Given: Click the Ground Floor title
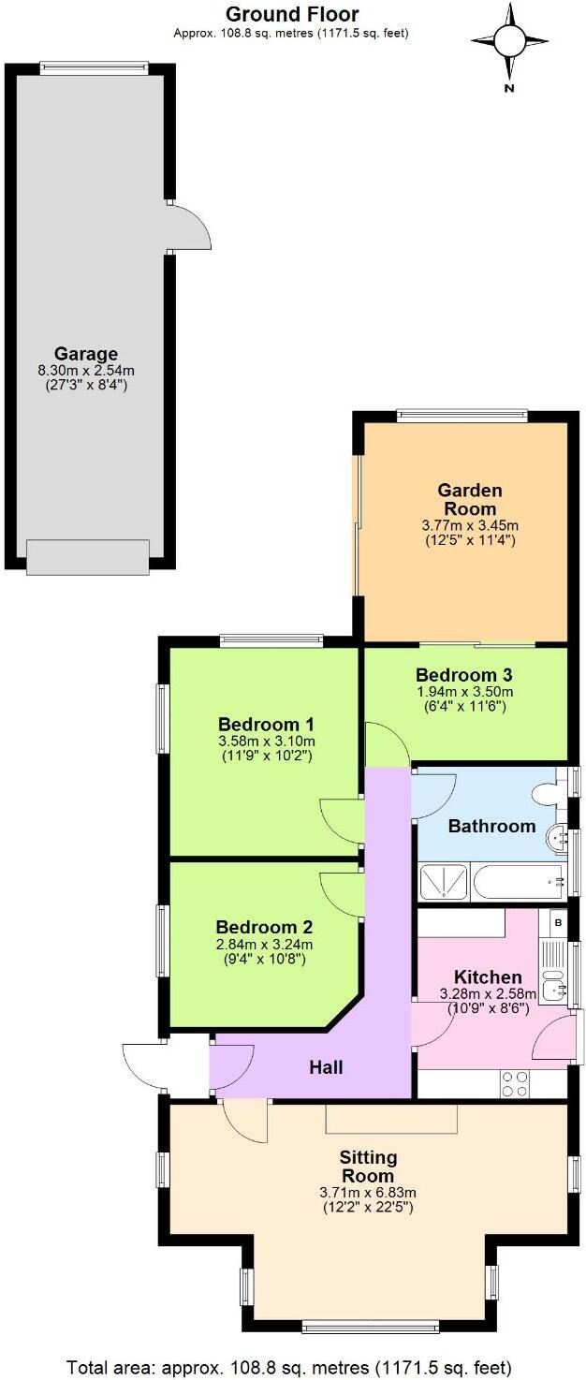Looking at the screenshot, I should point(291,14).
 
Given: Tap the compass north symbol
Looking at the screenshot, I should point(509,41).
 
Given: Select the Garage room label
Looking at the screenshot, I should point(85,354).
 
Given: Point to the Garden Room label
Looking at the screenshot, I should point(470,499).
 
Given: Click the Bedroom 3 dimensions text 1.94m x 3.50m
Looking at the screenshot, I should point(463,692).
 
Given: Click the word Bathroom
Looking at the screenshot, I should point(491,826).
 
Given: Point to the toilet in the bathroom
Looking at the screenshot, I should point(547,794).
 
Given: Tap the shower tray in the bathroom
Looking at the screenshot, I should point(445,882).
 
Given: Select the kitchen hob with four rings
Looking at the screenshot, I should point(515,1083).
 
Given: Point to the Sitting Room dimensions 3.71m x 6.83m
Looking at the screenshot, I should point(367,1193).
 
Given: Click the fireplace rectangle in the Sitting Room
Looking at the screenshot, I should point(391,1119).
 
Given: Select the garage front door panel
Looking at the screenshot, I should point(87,556).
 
